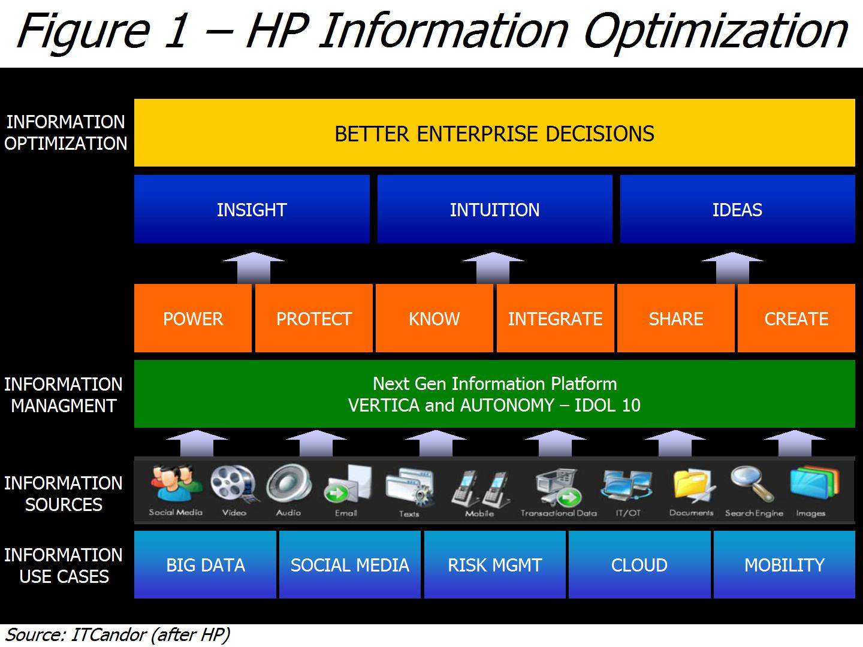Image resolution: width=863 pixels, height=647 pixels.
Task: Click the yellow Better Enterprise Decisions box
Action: pyautogui.click(x=494, y=133)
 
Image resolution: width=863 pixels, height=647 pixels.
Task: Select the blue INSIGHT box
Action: pyautogui.click(x=252, y=209)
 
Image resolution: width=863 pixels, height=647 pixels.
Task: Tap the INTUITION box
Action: pyautogui.click(x=494, y=209)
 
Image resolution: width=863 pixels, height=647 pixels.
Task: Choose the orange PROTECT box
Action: pyautogui.click(x=314, y=318)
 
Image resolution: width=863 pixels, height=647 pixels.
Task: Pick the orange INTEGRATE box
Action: pyautogui.click(x=555, y=318)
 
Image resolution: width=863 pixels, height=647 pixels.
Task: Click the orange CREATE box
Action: pyautogui.click(x=796, y=318)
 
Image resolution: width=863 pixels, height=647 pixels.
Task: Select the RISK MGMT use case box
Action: pyautogui.click(x=494, y=565)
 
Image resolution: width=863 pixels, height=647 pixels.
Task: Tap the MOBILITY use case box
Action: pyautogui.click(x=784, y=565)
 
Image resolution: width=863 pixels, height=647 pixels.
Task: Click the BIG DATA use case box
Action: pyautogui.click(x=205, y=565)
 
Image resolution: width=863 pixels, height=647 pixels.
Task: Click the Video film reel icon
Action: pyautogui.click(x=234, y=483)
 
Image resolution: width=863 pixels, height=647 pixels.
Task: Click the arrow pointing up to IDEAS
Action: pyautogui.click(x=732, y=268)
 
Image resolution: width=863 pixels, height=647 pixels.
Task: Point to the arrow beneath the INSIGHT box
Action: pyautogui.click(x=254, y=268)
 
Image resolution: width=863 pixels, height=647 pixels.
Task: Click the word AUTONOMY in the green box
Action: pyautogui.click(x=507, y=405)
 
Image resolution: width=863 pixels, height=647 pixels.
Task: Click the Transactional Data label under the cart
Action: pyautogui.click(x=559, y=513)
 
